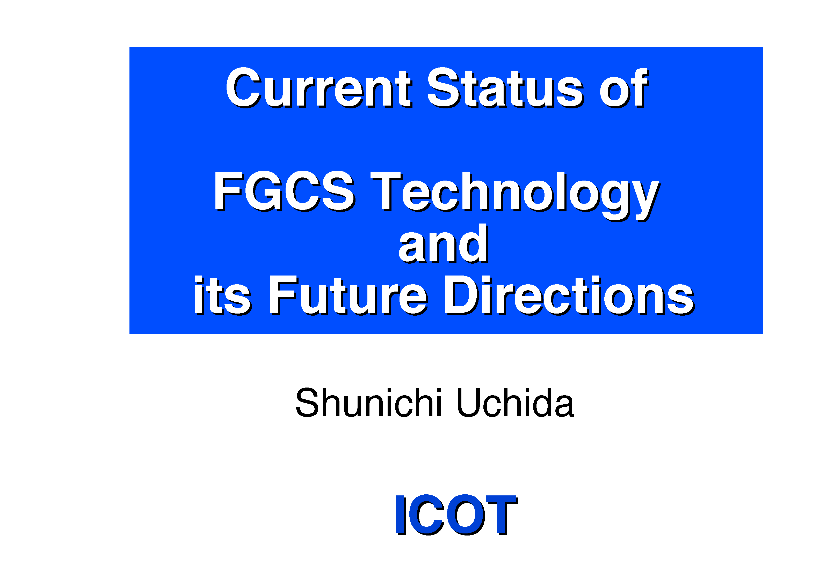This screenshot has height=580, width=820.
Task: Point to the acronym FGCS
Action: click(285, 191)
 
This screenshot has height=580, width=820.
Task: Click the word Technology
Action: click(515, 196)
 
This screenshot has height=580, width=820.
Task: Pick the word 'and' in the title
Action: click(443, 244)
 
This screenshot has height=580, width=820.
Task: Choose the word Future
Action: click(348, 295)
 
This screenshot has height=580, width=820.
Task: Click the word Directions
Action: click(569, 295)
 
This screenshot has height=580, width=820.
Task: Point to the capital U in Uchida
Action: click(468, 403)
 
